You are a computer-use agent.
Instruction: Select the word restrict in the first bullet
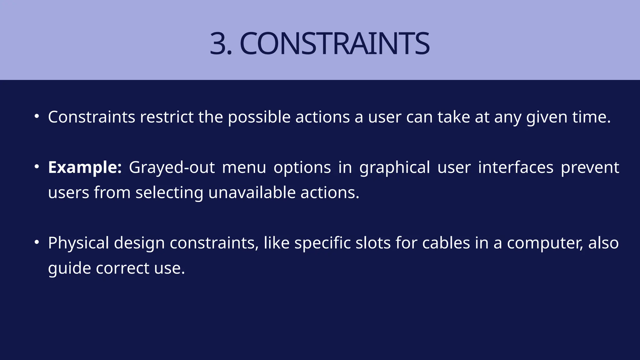click(167, 117)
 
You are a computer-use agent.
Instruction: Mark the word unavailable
click(252, 192)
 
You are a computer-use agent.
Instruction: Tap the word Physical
click(78, 243)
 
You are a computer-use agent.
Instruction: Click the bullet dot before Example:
click(37, 167)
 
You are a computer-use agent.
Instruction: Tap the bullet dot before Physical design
click(37, 242)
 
